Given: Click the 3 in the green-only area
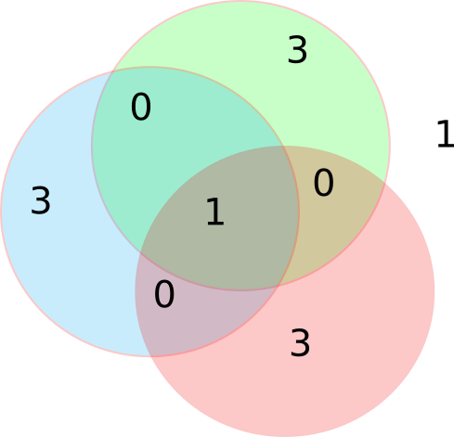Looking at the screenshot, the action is (297, 49).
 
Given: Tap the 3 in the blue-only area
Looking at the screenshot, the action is (41, 200).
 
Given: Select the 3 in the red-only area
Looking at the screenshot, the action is (300, 342).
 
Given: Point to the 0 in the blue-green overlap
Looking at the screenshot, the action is (141, 107).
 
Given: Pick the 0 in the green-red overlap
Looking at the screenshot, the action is (324, 183).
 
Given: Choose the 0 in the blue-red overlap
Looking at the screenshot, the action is (164, 294).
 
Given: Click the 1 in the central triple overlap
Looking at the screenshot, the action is (215, 212).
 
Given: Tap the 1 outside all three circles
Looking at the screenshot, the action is (446, 134).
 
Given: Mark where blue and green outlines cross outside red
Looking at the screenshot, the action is (112, 71).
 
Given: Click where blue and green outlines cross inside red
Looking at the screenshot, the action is (278, 285).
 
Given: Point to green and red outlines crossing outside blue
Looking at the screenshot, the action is (384, 183).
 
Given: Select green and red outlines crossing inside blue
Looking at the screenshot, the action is (140, 252).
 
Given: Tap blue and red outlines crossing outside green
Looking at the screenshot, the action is (151, 356).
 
